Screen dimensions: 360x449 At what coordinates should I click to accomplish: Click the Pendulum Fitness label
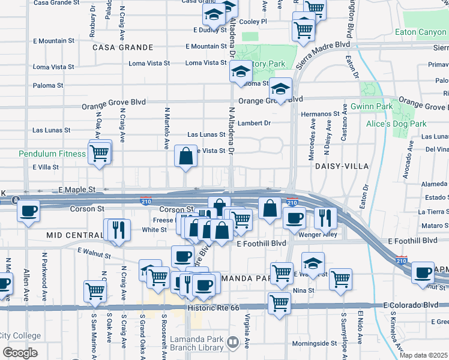point(52,154)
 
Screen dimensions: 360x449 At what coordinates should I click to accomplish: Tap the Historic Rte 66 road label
point(213,307)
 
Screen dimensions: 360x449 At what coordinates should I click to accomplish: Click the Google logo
point(20,352)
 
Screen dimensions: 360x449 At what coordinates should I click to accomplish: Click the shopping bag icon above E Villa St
point(186,156)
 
